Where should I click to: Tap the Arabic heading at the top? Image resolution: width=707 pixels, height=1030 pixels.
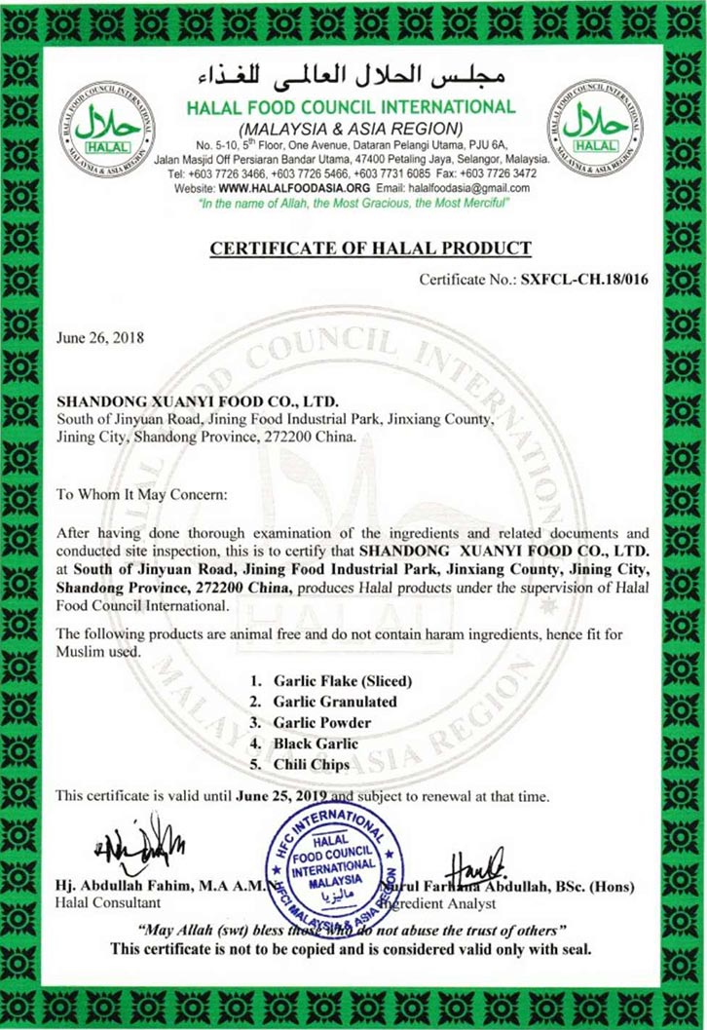click(x=352, y=77)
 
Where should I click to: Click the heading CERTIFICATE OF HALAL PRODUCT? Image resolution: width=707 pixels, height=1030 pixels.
click(x=371, y=248)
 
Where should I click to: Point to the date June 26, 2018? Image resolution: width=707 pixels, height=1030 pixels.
click(x=100, y=338)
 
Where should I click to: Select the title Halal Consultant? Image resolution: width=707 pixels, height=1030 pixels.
click(x=108, y=903)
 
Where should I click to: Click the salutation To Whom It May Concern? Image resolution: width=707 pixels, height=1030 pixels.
click(x=141, y=494)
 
